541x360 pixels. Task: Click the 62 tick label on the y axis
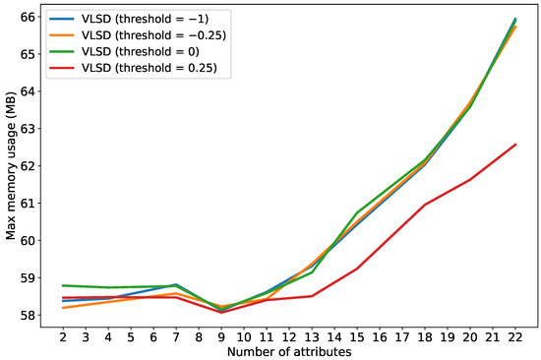pos(28,166)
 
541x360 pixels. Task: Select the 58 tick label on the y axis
pos(28,316)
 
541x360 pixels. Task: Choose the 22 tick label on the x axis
pos(514,337)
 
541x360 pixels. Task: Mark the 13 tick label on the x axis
pos(311,337)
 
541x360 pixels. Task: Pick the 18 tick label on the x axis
pos(424,337)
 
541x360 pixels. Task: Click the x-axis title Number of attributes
pos(288,351)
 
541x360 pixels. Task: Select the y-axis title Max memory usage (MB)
pos(11,167)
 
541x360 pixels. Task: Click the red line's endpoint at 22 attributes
pos(515,145)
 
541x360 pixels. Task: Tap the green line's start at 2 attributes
pos(62,285)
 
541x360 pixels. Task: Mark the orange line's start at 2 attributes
pos(62,308)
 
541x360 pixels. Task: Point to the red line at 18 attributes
pos(424,205)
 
